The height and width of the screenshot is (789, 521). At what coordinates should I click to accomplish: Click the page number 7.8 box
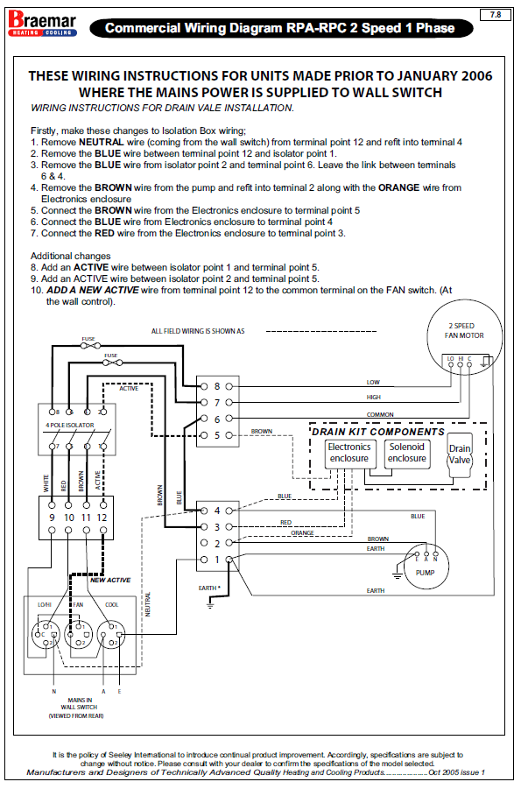tap(496, 15)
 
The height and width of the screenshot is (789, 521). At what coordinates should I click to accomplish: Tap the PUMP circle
tap(426, 567)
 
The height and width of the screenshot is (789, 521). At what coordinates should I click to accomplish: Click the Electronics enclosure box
tap(349, 454)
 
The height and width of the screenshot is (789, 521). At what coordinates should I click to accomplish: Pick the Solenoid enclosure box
tap(407, 454)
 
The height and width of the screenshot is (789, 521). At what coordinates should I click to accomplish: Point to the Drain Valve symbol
tap(460, 454)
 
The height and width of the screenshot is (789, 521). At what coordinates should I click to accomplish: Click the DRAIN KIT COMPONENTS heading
tap(378, 432)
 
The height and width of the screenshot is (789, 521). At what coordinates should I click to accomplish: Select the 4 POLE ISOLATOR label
tap(70, 426)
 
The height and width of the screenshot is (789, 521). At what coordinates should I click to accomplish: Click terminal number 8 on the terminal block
tap(217, 386)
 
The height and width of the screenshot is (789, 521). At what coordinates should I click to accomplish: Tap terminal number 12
tap(102, 518)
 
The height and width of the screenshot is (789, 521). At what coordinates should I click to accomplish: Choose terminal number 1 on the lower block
tap(217, 560)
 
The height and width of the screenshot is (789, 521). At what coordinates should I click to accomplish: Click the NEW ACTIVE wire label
tap(110, 581)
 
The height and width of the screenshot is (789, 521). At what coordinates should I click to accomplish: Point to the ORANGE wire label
tap(302, 533)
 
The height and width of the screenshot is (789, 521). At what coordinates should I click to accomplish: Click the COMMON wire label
tap(380, 414)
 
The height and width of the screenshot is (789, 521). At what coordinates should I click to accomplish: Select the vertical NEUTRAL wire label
tap(148, 604)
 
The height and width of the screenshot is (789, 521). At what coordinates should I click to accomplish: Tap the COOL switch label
tap(112, 605)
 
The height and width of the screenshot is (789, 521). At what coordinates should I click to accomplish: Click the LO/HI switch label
tap(45, 605)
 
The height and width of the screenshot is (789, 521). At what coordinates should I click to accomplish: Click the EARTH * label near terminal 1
tap(209, 588)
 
